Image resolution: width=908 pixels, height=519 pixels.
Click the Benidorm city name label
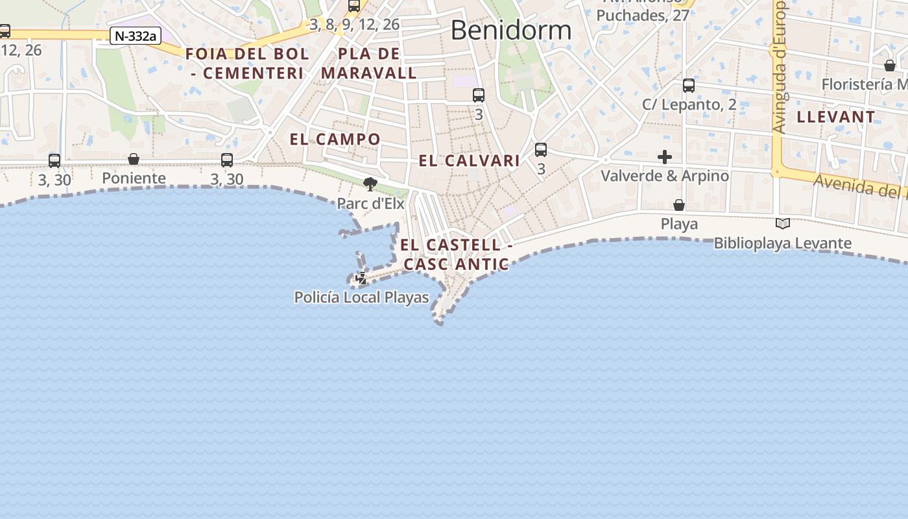[x=510, y=30]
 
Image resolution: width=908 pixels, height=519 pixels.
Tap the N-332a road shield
[x=135, y=36]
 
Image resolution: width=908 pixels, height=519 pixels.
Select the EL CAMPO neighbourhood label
[x=335, y=139]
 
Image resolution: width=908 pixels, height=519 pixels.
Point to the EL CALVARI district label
[x=469, y=161]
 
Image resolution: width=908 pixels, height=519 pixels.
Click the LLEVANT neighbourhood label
[x=835, y=117]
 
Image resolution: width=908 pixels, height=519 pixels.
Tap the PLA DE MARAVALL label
[x=369, y=63]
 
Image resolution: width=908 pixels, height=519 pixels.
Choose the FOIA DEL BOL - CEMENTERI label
[x=248, y=63]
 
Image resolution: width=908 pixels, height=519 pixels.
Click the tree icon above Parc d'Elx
[x=370, y=184]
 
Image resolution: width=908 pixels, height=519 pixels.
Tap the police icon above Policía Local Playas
[x=362, y=278]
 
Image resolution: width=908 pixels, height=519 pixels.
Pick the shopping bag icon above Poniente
[x=134, y=159]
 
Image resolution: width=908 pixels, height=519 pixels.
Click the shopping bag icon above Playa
[x=679, y=205]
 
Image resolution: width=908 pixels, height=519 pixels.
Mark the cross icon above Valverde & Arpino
[x=665, y=157]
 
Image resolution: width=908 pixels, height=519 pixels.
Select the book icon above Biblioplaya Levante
[x=783, y=224]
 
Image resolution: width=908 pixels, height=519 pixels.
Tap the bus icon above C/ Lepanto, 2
[x=689, y=85]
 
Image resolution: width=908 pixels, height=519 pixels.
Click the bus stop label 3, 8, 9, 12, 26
[x=354, y=25]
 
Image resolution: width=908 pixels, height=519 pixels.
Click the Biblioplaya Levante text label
[x=782, y=243]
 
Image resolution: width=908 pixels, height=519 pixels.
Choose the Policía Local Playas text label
[x=361, y=298]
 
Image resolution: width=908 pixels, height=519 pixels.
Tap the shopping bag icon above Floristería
[x=890, y=66]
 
